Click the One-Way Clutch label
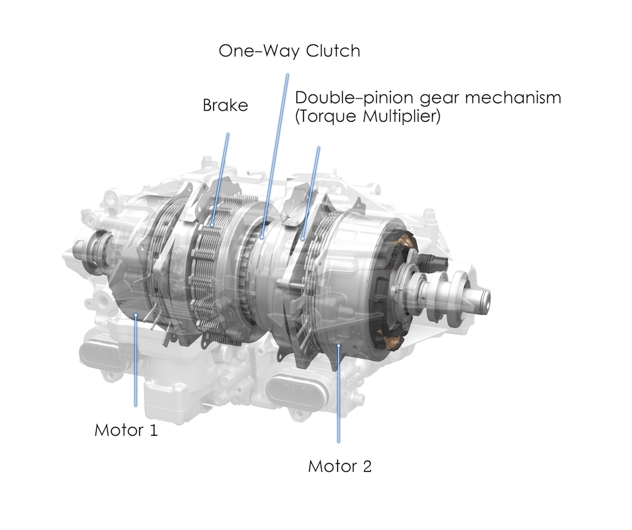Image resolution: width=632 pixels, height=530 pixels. click(289, 51)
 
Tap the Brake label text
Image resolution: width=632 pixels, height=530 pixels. click(225, 105)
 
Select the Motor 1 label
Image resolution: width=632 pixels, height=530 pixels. click(126, 430)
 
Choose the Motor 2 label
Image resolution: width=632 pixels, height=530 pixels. click(340, 466)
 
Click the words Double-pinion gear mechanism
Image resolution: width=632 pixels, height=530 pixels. click(428, 98)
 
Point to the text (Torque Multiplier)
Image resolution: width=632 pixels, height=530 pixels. click(368, 116)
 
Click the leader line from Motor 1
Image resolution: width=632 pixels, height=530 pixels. click(136, 360)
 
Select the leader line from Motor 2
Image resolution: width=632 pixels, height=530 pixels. click(338, 394)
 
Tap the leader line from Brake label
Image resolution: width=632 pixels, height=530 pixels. click(220, 179)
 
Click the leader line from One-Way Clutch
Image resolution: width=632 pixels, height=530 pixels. click(275, 155)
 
